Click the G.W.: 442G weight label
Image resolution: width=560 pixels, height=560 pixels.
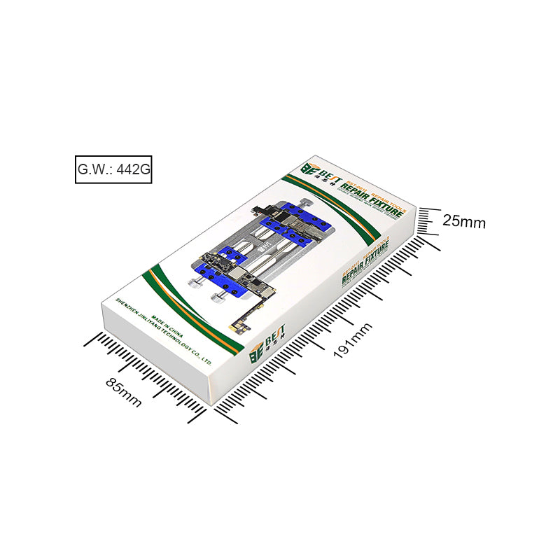pos(113,169)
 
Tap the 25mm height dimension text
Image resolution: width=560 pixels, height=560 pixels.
pos(464,221)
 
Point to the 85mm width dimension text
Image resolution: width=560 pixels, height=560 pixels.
pos(123,393)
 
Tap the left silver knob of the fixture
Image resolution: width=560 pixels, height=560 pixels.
pos(196,283)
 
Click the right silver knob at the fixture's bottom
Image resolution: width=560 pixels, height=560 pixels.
pos(216,300)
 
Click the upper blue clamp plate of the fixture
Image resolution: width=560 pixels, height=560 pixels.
pos(294,225)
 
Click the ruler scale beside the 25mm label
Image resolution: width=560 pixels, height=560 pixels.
pos(428,223)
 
